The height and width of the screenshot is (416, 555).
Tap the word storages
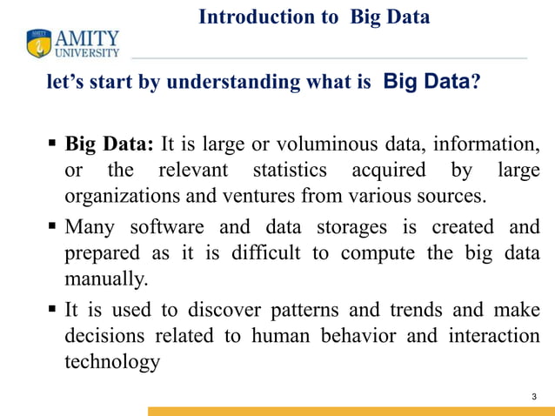click(x=355, y=228)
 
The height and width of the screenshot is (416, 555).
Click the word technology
click(x=112, y=362)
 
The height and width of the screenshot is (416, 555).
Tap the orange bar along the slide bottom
click(x=351, y=411)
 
